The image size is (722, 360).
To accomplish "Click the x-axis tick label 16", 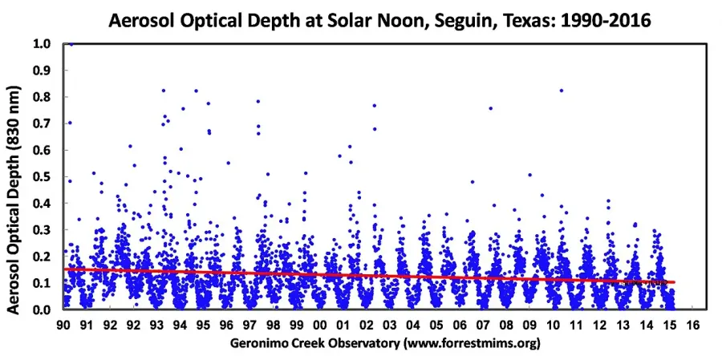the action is (692, 325).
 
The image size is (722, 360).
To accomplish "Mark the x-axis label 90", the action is (64, 325).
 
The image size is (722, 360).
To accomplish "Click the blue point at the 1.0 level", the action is (71, 44).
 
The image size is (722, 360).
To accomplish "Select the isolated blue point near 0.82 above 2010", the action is (562, 91).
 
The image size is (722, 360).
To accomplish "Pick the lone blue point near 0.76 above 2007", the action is (491, 109).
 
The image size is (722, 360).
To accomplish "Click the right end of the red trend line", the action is (674, 281).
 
